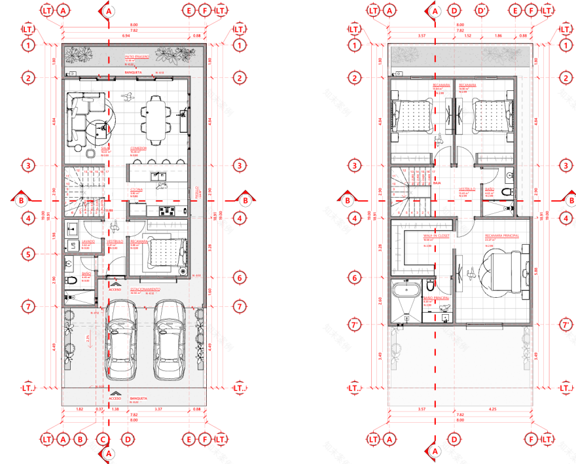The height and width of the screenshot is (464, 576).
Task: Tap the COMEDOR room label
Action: (137, 149)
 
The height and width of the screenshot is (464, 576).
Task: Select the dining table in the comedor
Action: (156, 120)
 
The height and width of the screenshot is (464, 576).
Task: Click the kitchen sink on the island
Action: (157, 175)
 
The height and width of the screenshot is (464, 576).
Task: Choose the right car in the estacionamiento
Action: (168, 340)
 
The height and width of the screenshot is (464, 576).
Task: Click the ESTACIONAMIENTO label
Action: (147, 289)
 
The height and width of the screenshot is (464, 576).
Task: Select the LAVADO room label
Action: (88, 241)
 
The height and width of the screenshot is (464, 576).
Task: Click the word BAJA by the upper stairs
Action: (437, 184)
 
